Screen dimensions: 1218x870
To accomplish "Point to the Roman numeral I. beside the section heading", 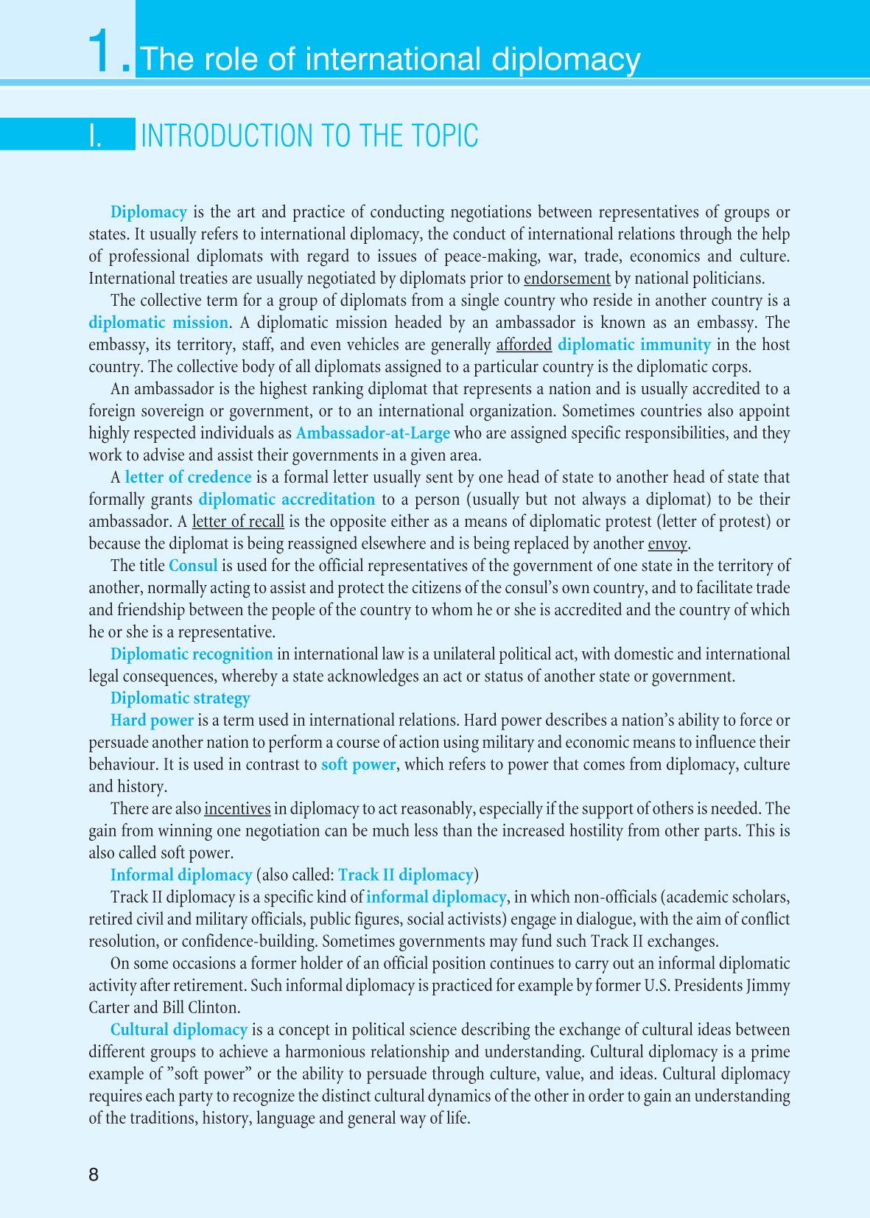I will [x=96, y=136].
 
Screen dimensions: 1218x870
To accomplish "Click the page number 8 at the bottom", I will [x=94, y=1175].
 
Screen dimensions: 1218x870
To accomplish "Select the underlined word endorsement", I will [x=566, y=279].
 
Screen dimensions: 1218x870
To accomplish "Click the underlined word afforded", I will [x=524, y=345].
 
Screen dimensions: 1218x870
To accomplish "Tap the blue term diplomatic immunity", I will [x=634, y=345].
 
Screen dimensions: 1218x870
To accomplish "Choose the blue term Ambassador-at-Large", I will [x=373, y=433].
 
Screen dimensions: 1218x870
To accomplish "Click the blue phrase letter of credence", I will [x=188, y=477].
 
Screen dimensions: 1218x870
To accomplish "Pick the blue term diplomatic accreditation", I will [x=287, y=500].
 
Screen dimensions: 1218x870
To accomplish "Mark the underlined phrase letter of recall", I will [x=238, y=522].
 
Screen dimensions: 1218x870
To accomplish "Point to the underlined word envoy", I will [x=667, y=544].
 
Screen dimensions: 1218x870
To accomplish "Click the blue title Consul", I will [x=193, y=566].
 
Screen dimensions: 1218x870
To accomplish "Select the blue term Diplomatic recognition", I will [x=192, y=654].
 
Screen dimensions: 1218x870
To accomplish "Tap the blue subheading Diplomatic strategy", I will [x=180, y=699].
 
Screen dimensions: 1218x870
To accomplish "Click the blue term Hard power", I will [x=152, y=721].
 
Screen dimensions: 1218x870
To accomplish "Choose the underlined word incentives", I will [x=237, y=809].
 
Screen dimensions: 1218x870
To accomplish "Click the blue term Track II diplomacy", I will [x=405, y=875].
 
